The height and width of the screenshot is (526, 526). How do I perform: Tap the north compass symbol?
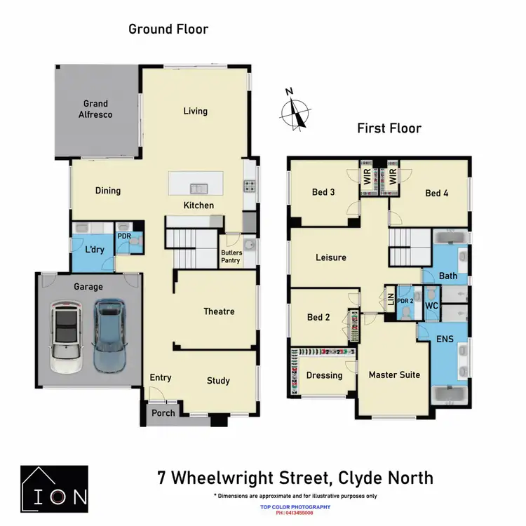coord(297,112)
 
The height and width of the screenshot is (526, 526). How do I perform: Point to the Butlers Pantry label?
coord(231,257)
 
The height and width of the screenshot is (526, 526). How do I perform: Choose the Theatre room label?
coord(219,311)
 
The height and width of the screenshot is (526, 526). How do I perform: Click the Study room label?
coord(218,381)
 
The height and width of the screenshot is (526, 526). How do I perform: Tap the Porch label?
coord(163,413)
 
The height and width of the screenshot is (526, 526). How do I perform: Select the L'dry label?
coord(95,250)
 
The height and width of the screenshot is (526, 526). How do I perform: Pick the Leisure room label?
coord(330,257)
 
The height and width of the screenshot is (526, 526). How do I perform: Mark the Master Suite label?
coord(394,375)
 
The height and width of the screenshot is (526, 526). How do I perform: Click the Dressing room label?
coord(324,375)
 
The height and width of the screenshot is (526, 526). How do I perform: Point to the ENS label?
coord(445,339)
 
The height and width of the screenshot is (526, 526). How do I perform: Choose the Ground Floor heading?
coord(168,29)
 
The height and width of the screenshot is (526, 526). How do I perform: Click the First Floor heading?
coord(389,128)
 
